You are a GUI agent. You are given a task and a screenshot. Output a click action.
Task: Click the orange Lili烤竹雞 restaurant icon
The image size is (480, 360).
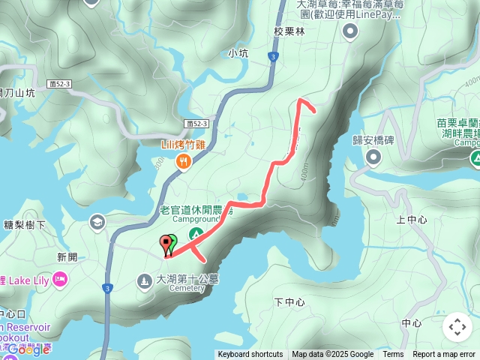[x=181, y=160]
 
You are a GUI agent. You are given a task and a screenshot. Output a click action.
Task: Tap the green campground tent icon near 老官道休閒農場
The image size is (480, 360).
[x=193, y=235]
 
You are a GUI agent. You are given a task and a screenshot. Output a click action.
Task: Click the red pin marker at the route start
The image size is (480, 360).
[x=165, y=243]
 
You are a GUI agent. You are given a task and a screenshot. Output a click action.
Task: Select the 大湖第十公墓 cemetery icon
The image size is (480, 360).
[x=144, y=280]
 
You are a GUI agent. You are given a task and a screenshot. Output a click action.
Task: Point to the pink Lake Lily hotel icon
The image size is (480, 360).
[x=60, y=280]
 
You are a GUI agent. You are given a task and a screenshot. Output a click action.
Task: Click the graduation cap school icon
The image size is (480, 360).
[x=97, y=221]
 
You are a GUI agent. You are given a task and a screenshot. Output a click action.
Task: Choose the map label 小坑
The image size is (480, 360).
[x=238, y=53]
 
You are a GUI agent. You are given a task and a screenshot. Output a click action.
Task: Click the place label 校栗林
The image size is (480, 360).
[x=289, y=32]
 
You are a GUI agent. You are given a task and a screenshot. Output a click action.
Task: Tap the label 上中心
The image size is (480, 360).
[x=411, y=220]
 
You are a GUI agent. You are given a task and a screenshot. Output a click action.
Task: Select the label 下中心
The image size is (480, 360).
[x=289, y=302]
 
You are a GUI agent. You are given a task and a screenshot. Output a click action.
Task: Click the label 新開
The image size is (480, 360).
[x=67, y=256]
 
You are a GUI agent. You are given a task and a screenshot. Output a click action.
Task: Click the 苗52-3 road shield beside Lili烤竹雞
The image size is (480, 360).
[x=196, y=123]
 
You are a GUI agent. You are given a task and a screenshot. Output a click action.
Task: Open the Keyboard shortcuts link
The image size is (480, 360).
[x=250, y=355]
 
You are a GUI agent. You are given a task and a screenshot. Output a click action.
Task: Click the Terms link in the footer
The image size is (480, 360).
[x=393, y=355]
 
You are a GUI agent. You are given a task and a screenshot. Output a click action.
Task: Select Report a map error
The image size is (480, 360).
[x=444, y=355]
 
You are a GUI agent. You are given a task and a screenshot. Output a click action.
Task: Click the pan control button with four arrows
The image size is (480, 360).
[x=457, y=327]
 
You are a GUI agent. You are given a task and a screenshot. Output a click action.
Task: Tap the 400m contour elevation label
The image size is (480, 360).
[x=302, y=173]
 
